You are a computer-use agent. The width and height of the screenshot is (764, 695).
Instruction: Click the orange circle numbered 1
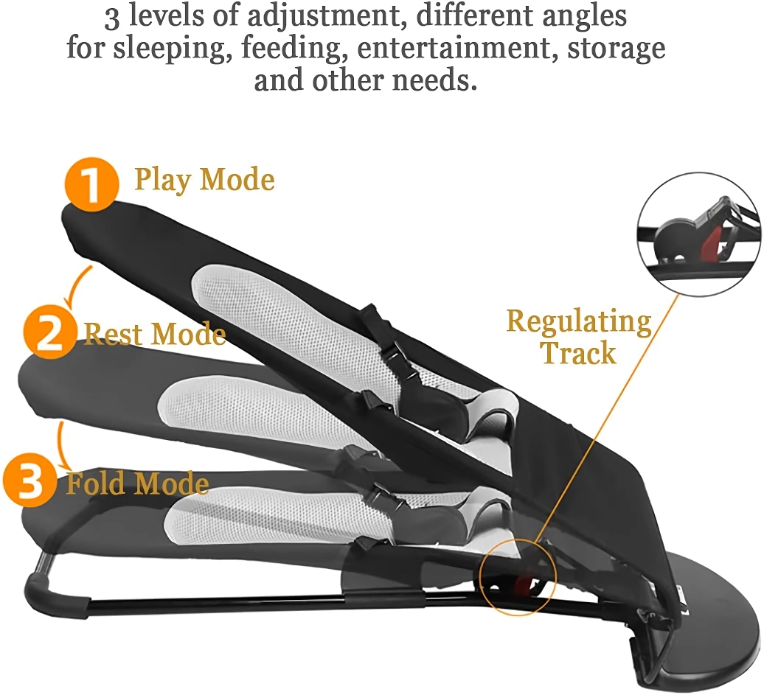click(91, 184)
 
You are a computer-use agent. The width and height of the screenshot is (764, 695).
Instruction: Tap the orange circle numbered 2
click(49, 333)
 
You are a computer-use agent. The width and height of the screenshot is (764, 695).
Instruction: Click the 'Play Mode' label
click(205, 181)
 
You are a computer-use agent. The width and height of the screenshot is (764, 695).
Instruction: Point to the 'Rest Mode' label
click(155, 334)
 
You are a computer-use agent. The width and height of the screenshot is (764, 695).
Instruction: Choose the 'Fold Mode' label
click(138, 483)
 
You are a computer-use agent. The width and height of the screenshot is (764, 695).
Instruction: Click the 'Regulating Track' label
click(579, 337)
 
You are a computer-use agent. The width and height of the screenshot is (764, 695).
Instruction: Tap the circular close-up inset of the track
click(698, 234)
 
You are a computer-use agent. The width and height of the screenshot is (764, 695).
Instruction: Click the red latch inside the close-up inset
click(713, 242)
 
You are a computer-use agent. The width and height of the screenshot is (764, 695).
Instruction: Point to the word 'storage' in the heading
click(616, 48)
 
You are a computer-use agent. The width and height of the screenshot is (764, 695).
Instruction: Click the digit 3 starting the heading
click(111, 18)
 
